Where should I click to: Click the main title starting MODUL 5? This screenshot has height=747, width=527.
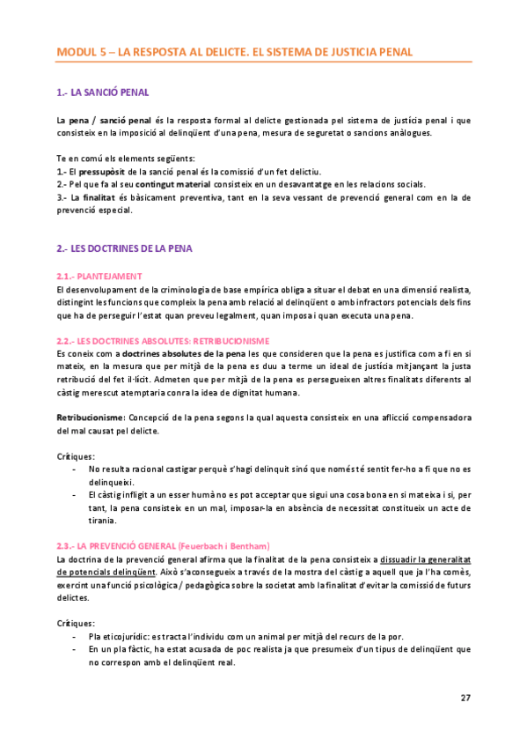point(234,52)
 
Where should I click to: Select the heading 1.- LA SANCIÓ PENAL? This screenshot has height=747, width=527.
point(102,92)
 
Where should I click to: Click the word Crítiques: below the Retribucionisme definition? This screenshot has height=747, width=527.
point(75,456)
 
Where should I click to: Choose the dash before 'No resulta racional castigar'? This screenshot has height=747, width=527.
point(73,470)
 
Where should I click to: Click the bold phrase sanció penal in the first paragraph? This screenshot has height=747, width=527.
point(125,119)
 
